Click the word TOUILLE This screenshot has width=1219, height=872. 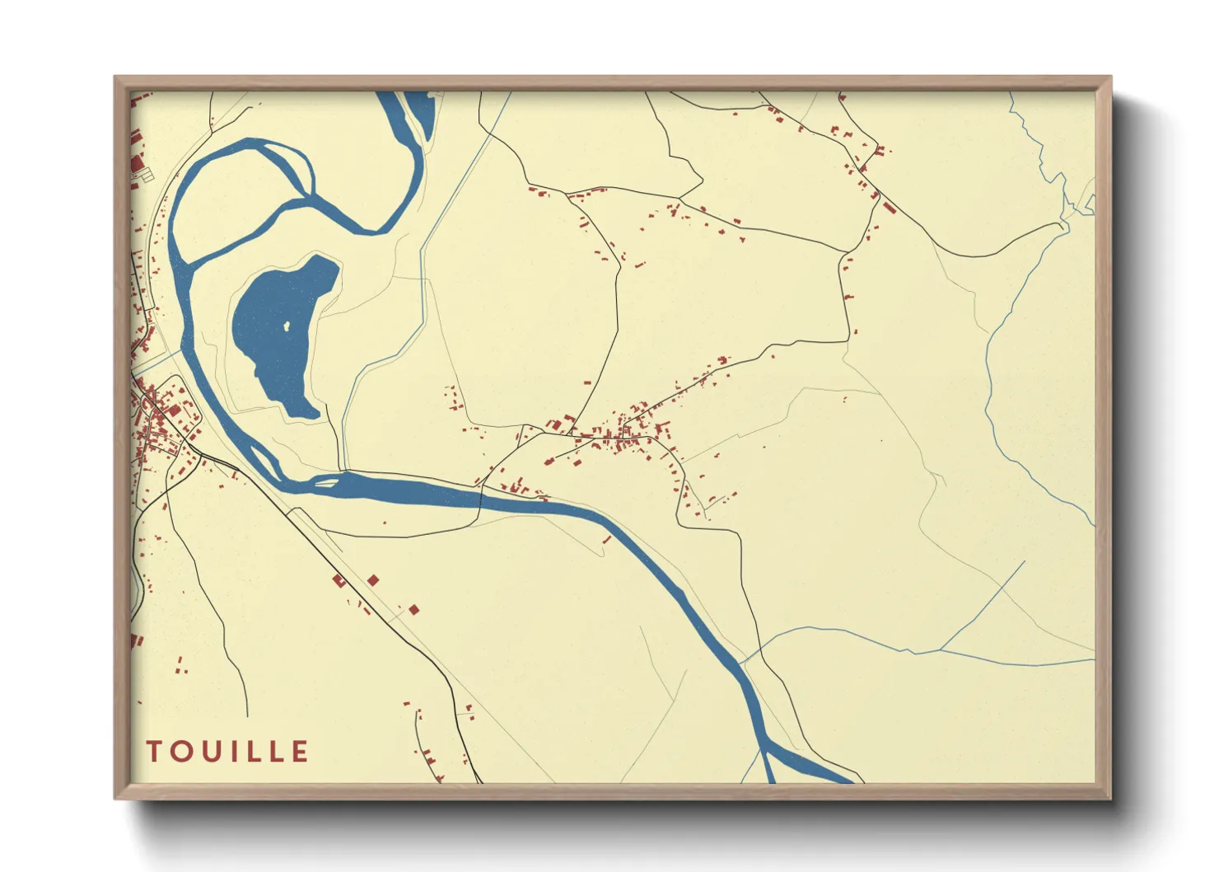pos(227,752)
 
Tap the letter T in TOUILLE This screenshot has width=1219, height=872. pos(154,752)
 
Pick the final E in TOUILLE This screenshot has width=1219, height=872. pos(301,752)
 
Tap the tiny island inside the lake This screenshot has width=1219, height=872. pos(287,326)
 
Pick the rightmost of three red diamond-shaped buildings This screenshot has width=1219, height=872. pos(413,609)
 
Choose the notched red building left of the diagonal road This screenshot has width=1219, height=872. pos(338,580)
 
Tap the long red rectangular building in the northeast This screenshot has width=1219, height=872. pos(889,206)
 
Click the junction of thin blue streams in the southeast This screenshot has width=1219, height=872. pos(940,650)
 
